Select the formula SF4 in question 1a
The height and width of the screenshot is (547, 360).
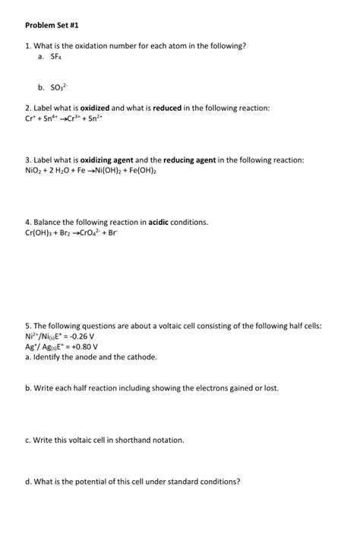click(55, 57)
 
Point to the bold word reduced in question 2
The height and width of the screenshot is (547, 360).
click(167, 109)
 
